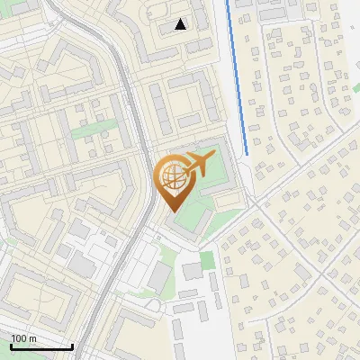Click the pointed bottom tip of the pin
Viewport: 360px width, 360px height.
pyautogui.click(x=172, y=211)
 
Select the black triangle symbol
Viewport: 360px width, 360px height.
pyautogui.click(x=181, y=24)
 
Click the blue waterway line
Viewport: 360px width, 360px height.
pyautogui.click(x=237, y=72)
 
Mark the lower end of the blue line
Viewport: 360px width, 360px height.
pyautogui.click(x=247, y=154)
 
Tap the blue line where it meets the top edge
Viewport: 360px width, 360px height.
pyautogui.click(x=228, y=2)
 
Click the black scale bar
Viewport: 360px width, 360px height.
pyautogui.click(x=41, y=346)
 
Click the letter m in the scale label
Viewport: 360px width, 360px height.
pyautogui.click(x=33, y=338)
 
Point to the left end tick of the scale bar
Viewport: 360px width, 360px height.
pyautogui.click(x=11, y=346)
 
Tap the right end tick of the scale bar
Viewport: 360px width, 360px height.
pyautogui.click(x=72, y=346)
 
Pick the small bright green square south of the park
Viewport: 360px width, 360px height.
pyautogui.click(x=207, y=260)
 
